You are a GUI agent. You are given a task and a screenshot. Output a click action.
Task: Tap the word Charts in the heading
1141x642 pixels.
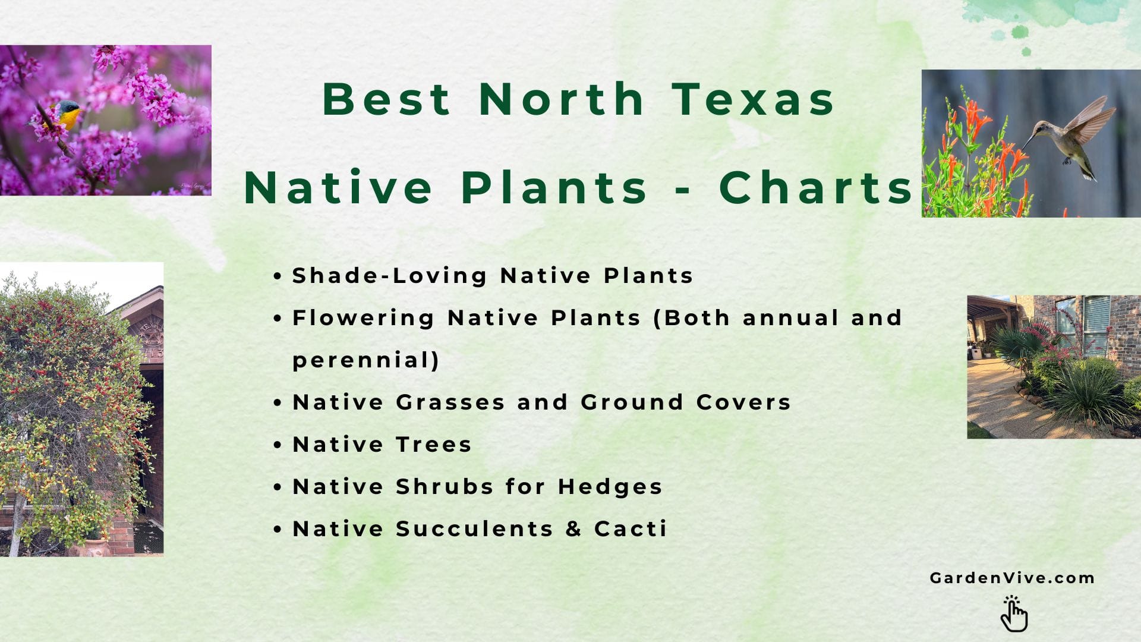(816, 188)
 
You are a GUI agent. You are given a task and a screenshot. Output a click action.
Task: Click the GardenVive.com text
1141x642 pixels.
(1012, 578)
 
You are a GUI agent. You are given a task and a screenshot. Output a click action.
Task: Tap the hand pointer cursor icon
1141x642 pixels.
(1014, 613)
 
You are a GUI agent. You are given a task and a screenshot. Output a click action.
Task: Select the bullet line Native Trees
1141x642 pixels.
(382, 444)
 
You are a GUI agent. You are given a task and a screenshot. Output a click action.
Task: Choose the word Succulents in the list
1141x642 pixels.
(474, 528)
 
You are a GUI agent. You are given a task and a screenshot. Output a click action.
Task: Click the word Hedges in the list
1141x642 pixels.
(610, 486)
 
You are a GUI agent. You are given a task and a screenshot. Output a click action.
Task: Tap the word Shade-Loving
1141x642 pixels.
(389, 275)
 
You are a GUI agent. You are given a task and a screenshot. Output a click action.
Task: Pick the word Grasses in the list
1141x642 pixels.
(450, 402)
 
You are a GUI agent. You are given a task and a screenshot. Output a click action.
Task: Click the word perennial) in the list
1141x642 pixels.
(365, 360)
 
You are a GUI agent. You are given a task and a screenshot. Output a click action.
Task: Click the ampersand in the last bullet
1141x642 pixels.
(573, 528)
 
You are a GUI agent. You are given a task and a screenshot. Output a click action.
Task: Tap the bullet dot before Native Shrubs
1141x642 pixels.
(278, 487)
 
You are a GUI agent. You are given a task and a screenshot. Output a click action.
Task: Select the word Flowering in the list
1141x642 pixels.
(363, 317)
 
